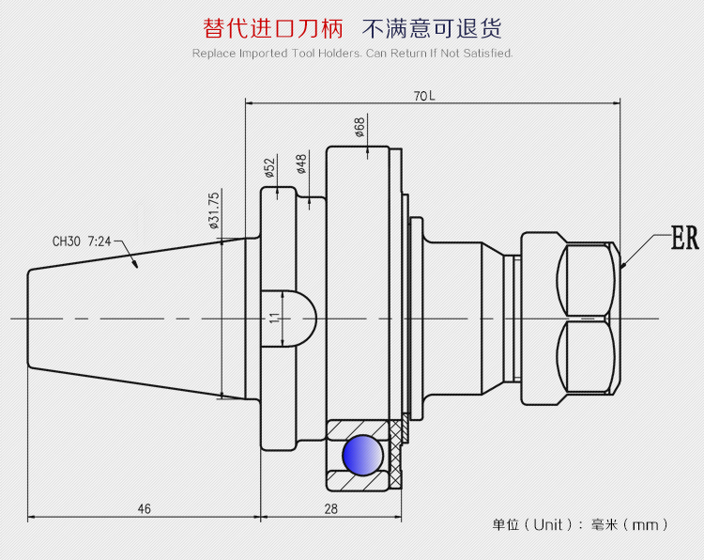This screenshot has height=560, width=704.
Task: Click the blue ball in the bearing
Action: coord(362,455)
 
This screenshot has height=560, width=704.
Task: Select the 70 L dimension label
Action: coord(424,96)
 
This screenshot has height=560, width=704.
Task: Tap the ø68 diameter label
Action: coord(360,127)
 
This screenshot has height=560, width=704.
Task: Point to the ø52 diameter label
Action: coord(269,167)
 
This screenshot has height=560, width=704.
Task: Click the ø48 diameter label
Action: coord(301,163)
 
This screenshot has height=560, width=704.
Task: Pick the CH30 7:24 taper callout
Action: coord(82,241)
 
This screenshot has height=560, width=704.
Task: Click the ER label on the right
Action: coord(685,240)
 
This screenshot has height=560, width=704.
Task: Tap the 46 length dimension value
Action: coord(144,508)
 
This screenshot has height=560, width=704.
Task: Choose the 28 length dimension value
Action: coord(330,508)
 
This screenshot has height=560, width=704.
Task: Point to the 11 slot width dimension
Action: coord(274,318)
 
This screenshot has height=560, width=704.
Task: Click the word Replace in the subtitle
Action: coord(214,54)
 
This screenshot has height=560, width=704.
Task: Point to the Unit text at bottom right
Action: coord(548,524)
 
